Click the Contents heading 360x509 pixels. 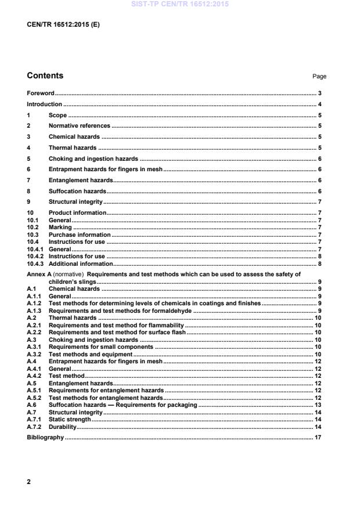[45, 75]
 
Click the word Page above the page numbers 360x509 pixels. [319, 76]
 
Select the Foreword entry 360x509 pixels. [41, 93]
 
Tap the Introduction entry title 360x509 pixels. [45, 104]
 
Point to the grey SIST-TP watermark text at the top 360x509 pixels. [180, 4]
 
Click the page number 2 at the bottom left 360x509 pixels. [29, 482]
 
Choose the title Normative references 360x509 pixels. [80, 125]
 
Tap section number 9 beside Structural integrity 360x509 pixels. [29, 201]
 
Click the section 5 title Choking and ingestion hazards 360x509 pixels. [93, 158]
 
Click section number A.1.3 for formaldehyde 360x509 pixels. [34, 311]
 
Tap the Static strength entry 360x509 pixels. [70, 419]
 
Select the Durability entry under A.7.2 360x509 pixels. [63, 427]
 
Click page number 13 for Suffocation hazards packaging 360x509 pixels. [318, 405]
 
